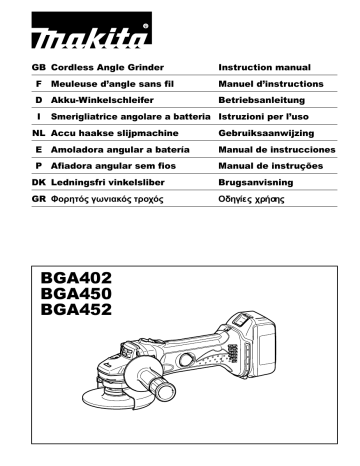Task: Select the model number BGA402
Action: point(75,276)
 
